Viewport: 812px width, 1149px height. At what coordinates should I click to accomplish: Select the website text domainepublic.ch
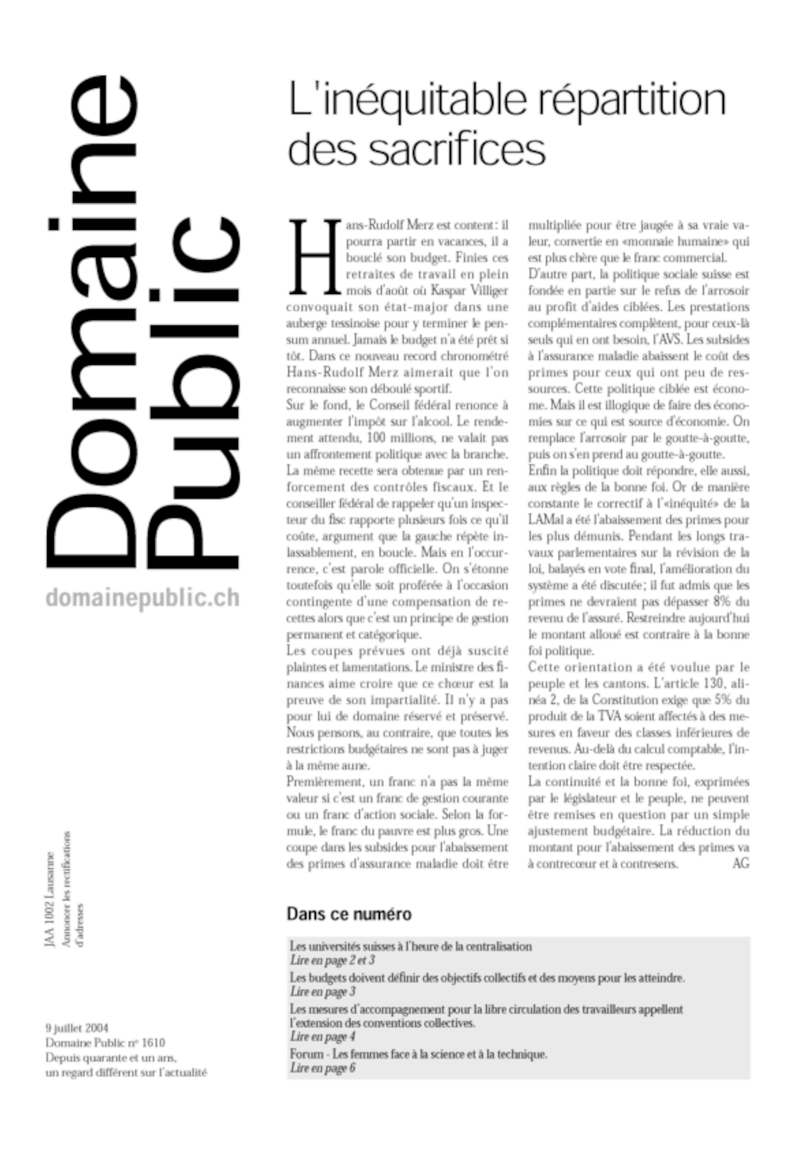[x=143, y=598]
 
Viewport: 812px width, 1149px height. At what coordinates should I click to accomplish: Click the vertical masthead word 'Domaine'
[x=93, y=320]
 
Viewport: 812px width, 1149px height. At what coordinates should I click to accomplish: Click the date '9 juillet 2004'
[x=77, y=1028]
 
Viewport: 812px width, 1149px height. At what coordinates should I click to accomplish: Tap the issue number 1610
[x=153, y=1042]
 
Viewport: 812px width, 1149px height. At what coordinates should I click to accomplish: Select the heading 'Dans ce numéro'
[x=349, y=914]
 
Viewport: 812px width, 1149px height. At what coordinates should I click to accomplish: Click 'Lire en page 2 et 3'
[x=332, y=960]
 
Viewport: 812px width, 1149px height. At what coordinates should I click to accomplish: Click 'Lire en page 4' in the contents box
[x=323, y=1037]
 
